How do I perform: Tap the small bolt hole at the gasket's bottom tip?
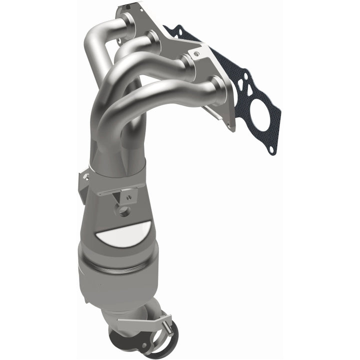click(x=270, y=148)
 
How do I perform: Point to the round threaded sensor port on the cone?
click(x=124, y=210)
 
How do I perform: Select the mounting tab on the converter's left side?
click(x=83, y=185)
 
